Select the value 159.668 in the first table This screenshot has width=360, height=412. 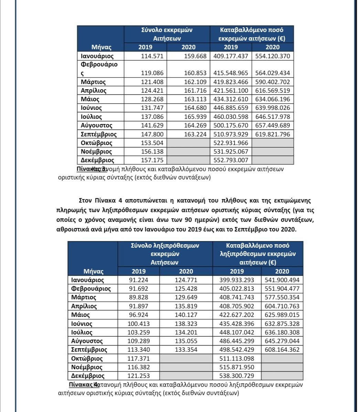195,56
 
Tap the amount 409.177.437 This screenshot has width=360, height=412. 231,56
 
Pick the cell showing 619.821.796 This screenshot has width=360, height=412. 273,134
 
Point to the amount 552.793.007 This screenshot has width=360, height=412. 231,160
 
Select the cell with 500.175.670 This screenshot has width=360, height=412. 231,125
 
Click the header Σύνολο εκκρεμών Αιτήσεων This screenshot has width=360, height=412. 167,34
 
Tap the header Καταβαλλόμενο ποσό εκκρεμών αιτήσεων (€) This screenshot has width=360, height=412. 252,34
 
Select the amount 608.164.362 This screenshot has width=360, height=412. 282,350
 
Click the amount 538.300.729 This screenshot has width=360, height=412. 237,376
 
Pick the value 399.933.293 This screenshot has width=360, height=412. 237,280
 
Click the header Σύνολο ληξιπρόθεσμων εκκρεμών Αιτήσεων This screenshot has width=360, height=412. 165,254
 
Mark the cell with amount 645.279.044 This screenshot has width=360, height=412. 282,341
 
